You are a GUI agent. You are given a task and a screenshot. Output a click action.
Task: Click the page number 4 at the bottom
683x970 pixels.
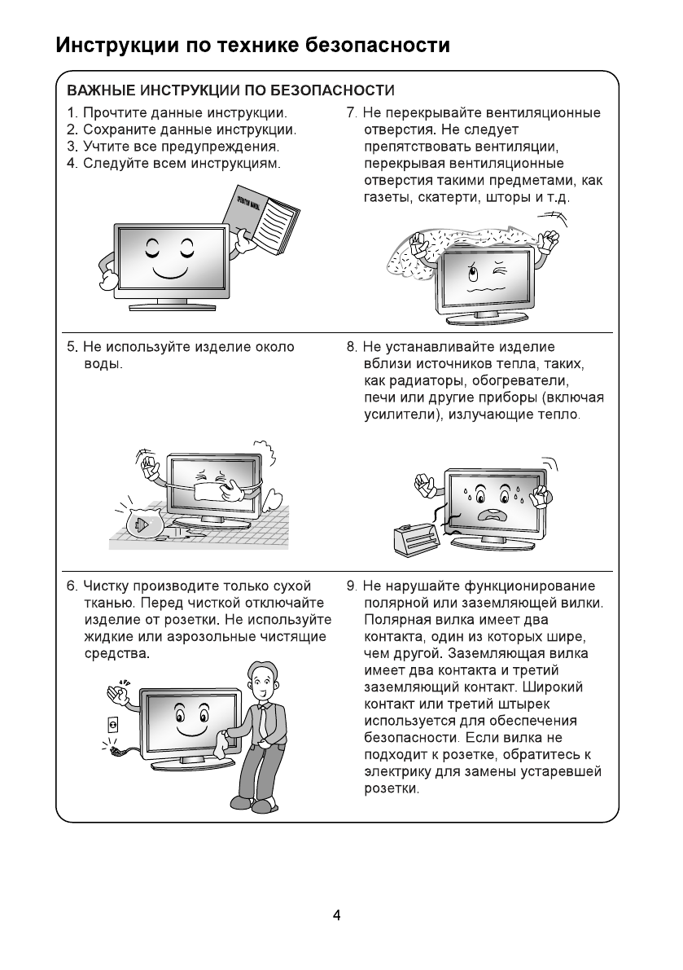(x=336, y=915)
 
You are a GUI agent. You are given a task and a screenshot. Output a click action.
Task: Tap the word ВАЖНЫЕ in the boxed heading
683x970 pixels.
(x=101, y=90)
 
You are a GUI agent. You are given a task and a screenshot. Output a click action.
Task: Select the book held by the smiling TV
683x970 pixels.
(x=262, y=213)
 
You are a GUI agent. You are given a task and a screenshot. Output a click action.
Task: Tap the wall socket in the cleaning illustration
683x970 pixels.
(x=113, y=723)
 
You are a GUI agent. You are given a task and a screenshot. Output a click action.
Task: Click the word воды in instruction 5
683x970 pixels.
(x=103, y=364)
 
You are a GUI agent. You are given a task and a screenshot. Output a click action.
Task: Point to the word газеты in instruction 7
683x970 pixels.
(x=389, y=198)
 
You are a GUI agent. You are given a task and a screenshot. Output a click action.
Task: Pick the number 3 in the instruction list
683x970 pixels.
(x=72, y=147)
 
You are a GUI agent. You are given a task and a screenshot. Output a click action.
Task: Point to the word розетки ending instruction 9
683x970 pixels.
(x=391, y=789)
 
